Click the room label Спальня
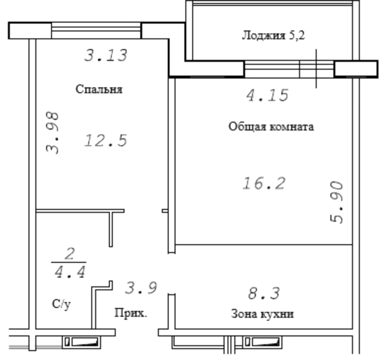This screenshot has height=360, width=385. point(99,89)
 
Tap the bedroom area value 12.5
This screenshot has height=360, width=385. point(106,140)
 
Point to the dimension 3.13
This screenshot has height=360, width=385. point(106,55)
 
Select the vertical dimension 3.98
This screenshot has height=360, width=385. point(52,133)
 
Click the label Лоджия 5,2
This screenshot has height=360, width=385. point(273,35)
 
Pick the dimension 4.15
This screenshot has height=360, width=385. point(267,95)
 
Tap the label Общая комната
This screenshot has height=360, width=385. point(271,127)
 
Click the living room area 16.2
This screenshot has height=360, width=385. point(264,183)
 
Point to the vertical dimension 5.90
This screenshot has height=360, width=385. point(337,202)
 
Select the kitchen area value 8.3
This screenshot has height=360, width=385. point(264,294)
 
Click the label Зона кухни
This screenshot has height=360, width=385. point(262,314)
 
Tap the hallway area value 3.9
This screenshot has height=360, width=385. point(141,288)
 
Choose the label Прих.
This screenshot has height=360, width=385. point(131,313)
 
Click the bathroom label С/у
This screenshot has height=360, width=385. point(61,304)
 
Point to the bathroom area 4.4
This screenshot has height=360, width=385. point(70,272)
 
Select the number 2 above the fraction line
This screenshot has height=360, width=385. point(70,254)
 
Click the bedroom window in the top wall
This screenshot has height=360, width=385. point(96,30)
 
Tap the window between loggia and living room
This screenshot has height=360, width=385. point(289,69)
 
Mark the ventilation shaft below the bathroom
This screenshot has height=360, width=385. point(81,342)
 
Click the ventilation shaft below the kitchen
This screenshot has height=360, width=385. point(262,342)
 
